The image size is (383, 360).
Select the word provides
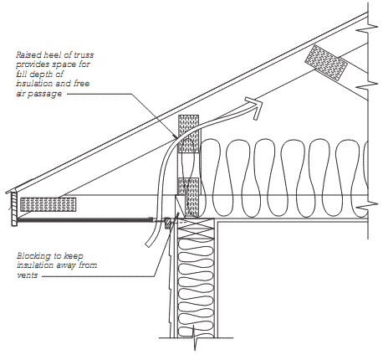pos(31,64)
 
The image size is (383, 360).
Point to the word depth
pos(40,74)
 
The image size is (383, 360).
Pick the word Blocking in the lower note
pos(33,256)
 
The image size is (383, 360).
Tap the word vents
pos(27,275)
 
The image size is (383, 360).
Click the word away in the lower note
pos(66,265)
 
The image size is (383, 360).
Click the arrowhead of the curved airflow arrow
pos(255,107)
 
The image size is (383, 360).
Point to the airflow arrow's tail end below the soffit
pos(148,244)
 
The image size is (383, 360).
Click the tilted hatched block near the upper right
pos(326,63)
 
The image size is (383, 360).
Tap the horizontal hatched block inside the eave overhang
pos(48,204)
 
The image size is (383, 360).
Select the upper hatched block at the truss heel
pos(189,134)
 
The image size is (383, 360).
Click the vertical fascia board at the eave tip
pos(14,208)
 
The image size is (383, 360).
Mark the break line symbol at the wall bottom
pos(195,338)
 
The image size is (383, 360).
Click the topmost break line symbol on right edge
pos(367,28)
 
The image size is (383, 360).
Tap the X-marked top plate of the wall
pos(196,228)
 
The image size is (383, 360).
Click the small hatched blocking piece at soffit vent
pos(168,223)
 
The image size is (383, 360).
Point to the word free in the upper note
pos(81,84)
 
